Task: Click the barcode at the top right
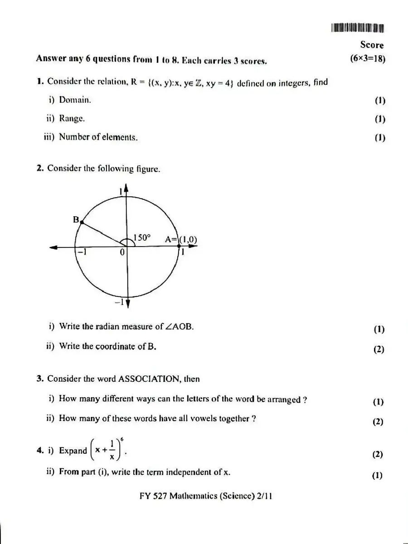[358, 28]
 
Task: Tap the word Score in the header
[372, 45]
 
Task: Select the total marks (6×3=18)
[368, 58]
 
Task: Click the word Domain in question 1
[75, 100]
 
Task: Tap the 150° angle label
[141, 238]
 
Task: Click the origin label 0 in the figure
[122, 253]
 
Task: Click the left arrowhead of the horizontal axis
[54, 247]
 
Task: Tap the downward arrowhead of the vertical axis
[128, 304]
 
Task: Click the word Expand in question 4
[73, 451]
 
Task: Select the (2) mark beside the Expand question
[378, 455]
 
